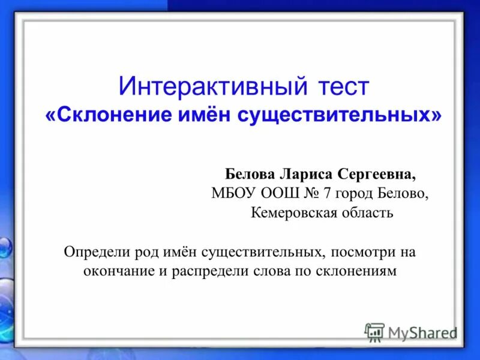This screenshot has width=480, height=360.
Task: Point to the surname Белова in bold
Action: (x=250, y=174)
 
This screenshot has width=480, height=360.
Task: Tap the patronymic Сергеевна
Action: (x=376, y=174)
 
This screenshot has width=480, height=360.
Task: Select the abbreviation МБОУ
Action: (x=233, y=193)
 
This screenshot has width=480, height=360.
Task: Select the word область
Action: (x=366, y=212)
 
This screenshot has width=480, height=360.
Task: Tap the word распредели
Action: (x=208, y=271)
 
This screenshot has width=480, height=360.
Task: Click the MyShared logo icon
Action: (x=374, y=332)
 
